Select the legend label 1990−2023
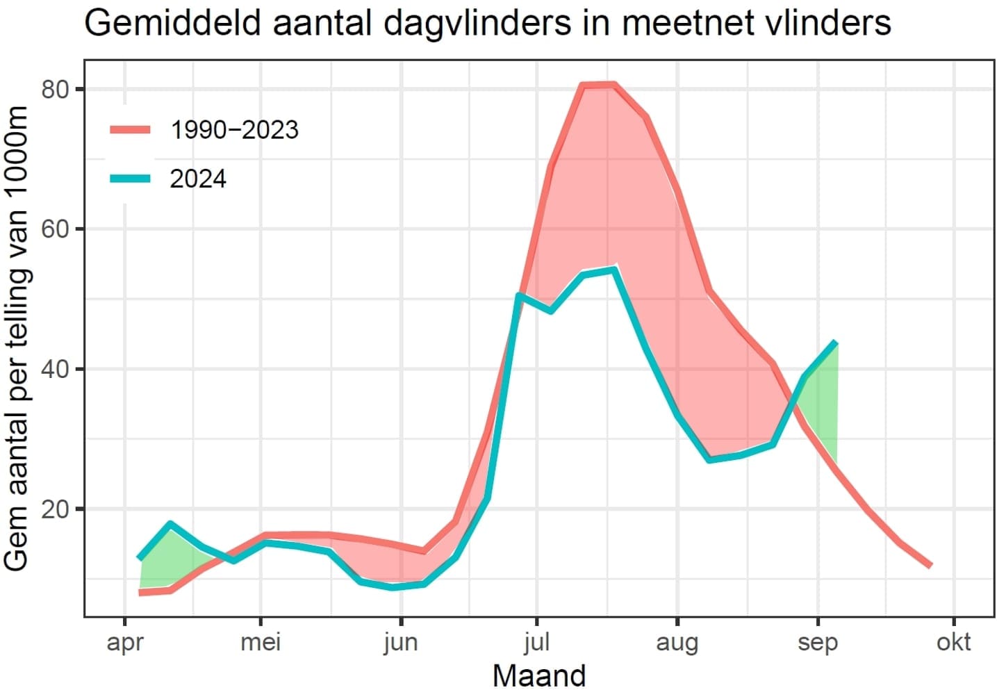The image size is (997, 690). coord(234,130)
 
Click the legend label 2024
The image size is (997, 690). coord(198,179)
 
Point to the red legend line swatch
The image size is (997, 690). coord(130,129)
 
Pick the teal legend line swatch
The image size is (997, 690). coord(130,179)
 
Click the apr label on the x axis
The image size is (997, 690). coord(125,642)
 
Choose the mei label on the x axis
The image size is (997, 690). coord(261,642)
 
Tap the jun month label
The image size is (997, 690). coord(401,642)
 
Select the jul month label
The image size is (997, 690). coord(536,642)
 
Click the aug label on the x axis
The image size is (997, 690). coord(677,642)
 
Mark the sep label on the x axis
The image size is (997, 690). coord(818,642)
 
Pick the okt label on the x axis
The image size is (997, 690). coord(953,642)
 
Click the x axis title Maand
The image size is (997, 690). coord(539,675)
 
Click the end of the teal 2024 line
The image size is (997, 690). coord(836,343)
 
